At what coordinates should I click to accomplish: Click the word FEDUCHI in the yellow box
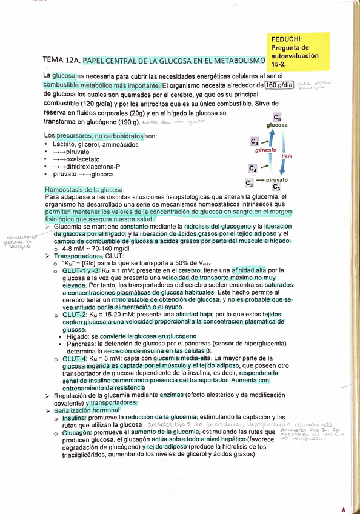(x=288, y=39)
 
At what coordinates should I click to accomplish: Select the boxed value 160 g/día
(x=279, y=85)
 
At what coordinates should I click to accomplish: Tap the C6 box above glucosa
(x=278, y=116)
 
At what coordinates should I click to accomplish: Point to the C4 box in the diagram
(x=253, y=168)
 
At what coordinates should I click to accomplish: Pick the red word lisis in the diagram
(x=287, y=156)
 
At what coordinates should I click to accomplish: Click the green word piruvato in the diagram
(x=277, y=180)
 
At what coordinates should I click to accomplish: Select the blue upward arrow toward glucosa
(x=264, y=136)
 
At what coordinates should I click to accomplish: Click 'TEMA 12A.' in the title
(x=61, y=61)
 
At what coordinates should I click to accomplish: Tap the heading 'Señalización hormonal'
(x=87, y=410)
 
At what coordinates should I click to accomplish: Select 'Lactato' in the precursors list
(x=64, y=144)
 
